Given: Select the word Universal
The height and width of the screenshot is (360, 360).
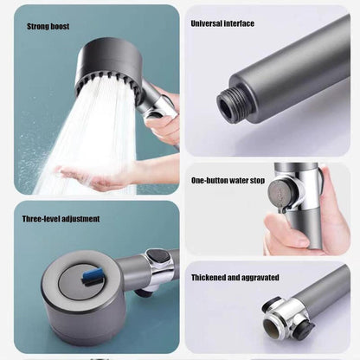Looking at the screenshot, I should (209, 23).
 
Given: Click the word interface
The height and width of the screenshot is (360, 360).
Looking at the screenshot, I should (240, 23).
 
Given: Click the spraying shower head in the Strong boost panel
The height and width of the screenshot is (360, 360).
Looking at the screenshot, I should (112, 65).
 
